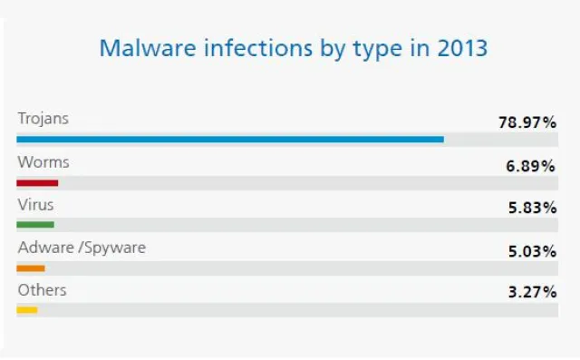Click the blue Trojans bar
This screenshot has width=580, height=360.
(230, 139)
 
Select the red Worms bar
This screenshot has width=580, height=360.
(37, 181)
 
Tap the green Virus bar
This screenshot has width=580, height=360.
(35, 224)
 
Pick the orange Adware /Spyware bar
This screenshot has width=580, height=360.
(31, 268)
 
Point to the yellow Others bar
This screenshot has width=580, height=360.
(27, 310)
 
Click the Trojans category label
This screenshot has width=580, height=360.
(43, 119)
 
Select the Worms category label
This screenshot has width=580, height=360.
(43, 162)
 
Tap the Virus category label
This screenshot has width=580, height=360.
(35, 205)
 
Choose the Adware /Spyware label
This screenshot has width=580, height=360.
(81, 248)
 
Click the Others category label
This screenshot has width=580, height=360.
(42, 291)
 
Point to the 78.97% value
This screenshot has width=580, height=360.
(527, 121)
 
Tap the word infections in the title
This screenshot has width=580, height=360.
(245, 47)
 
